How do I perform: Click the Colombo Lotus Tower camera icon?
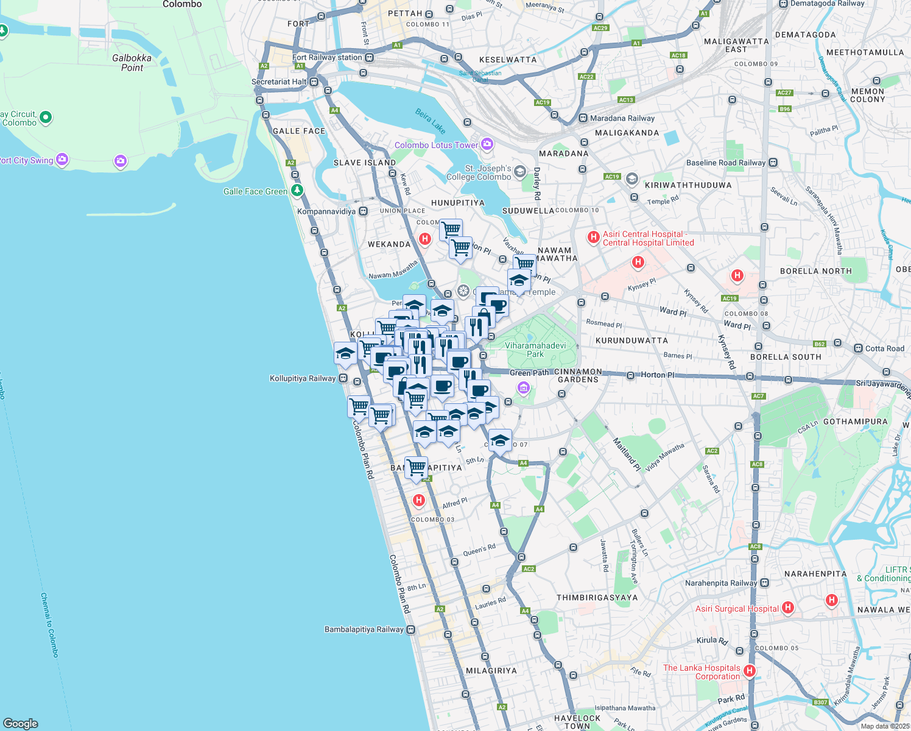487,144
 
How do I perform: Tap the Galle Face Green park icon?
297,191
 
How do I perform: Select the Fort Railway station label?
327,57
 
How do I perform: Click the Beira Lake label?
431,121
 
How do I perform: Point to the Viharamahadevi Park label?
535,350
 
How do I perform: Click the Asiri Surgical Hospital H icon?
788,607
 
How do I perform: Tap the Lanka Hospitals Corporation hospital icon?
750,671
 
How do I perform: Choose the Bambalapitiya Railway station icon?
411,630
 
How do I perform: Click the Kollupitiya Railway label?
303,378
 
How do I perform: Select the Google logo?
20,723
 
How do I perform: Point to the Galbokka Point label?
132,63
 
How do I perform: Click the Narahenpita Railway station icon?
765,583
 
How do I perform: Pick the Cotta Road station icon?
859,348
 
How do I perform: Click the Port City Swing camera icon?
62,160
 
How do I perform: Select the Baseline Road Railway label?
725,163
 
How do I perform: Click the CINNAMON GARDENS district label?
578,375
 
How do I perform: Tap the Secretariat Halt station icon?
314,82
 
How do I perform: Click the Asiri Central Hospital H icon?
593,238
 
